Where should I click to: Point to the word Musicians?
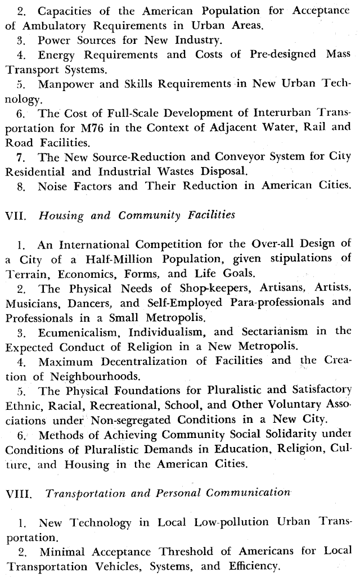(30, 303)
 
